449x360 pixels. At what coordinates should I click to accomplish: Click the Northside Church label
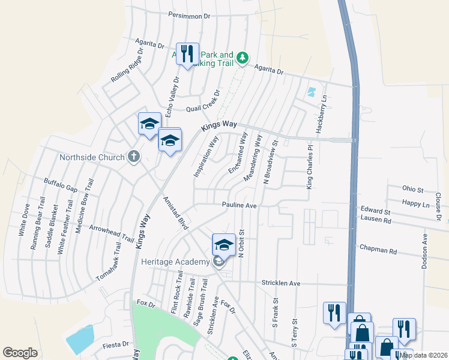coord(92,158)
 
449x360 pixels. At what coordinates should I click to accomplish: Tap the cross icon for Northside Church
coord(133,157)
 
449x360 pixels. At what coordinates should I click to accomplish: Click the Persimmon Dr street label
coord(190,16)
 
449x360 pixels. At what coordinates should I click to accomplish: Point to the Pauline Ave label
coord(239,205)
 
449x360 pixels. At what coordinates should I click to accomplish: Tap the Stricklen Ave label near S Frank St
coord(280,283)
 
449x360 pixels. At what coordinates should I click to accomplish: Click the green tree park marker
coord(242,58)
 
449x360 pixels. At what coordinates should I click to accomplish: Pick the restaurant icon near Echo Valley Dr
coord(187,55)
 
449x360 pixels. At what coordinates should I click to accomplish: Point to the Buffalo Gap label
coord(61,184)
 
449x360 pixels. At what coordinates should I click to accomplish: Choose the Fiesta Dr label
coord(116,344)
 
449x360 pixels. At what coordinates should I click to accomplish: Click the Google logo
coord(20,352)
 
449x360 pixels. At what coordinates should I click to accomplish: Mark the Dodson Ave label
coord(424,251)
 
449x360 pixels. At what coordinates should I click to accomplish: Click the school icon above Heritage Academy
coord(223,245)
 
